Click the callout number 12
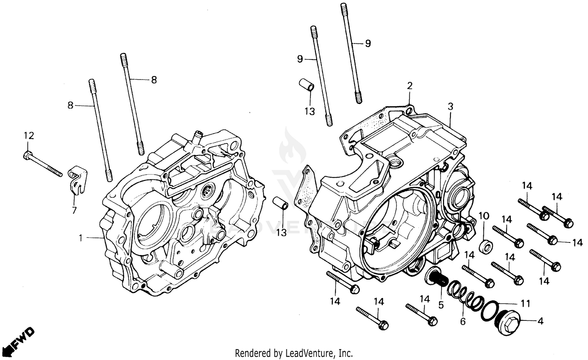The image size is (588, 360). (29, 136)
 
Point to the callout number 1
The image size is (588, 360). (81, 238)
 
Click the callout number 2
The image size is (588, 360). (410, 86)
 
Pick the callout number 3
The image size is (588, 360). (450, 106)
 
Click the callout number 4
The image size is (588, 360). (540, 322)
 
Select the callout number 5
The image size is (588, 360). (441, 304)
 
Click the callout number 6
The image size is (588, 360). (463, 322)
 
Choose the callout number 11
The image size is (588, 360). (525, 304)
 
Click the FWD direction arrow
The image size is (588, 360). (22, 339)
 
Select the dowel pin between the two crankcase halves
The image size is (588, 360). (280, 206)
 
